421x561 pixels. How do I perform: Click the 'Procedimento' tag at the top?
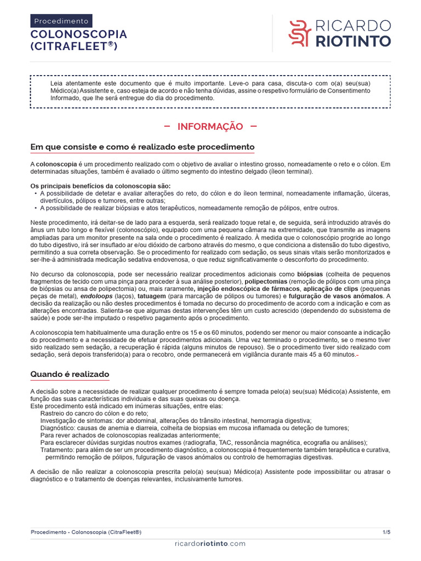[x=61, y=21]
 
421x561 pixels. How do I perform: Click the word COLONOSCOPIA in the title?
[x=78, y=34]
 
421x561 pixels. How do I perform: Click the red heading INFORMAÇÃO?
[x=210, y=127]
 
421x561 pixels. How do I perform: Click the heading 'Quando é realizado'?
[x=70, y=375]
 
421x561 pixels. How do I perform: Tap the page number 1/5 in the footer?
[x=386, y=532]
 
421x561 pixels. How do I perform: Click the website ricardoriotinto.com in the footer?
[x=210, y=543]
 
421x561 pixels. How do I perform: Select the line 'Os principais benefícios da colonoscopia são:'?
[x=100, y=185]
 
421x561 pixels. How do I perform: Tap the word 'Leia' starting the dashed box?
[x=56, y=83]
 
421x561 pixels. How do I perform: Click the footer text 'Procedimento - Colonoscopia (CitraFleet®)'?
[x=86, y=532]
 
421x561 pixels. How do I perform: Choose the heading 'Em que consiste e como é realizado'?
[x=142, y=147]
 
